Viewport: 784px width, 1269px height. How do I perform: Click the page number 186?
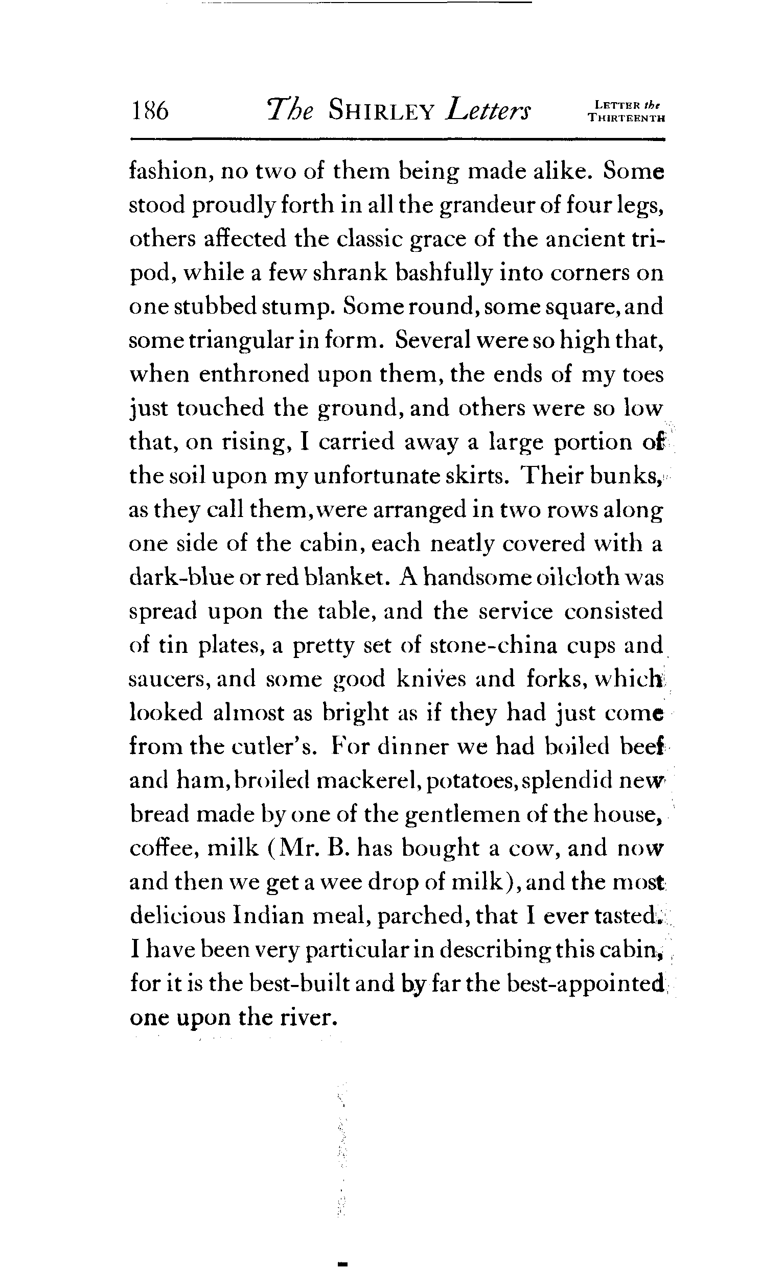(x=150, y=111)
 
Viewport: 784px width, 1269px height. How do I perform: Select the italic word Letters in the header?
(x=489, y=111)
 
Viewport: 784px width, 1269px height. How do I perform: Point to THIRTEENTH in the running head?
(x=627, y=118)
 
